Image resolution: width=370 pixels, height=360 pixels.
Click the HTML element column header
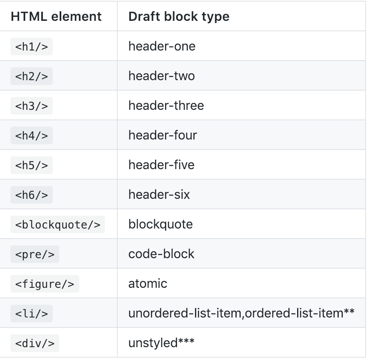coord(56,16)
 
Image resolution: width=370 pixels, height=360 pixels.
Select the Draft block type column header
coord(179,16)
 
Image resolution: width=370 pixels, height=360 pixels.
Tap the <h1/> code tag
coord(32,47)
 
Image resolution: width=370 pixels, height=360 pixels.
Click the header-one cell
coord(162,46)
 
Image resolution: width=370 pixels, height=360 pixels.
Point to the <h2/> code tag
coord(32,76)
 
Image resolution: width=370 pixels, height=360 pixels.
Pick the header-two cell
coord(161,76)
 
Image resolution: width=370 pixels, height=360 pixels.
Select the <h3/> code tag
coord(32,106)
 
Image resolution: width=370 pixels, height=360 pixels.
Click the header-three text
coord(166,105)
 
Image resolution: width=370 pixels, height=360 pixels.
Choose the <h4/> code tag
coord(32,136)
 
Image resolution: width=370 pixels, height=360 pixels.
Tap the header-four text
coord(163,135)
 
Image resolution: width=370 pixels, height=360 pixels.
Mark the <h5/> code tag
coord(32,165)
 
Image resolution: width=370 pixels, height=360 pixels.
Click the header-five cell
coord(161,165)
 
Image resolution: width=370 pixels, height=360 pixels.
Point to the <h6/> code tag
coord(32,195)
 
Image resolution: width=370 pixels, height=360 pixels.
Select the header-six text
coord(159,194)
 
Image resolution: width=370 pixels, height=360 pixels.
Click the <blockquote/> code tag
coord(58,224)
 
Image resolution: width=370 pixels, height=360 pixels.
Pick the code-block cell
coord(161,254)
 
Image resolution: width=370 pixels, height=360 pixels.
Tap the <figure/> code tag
coord(45,284)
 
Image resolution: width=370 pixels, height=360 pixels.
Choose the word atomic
coord(148,283)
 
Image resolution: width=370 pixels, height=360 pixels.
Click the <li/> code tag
coord(32,313)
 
